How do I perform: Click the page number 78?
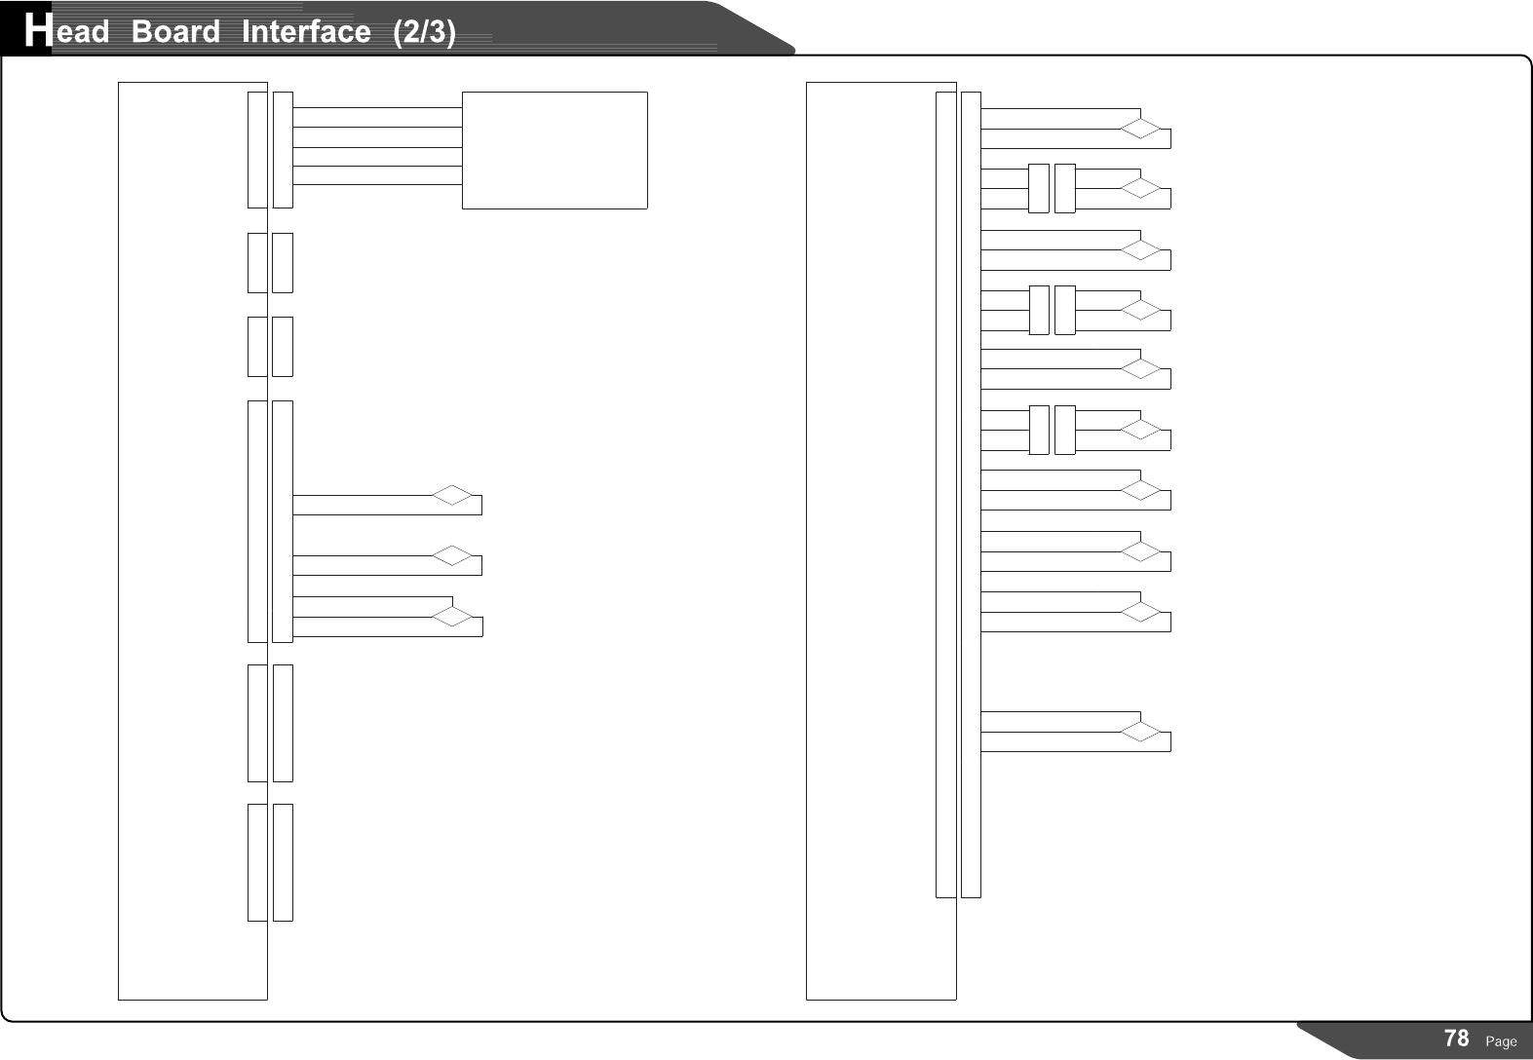pos(1456,1039)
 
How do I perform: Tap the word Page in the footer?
pos(1501,1041)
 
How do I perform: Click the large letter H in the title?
pos(37,31)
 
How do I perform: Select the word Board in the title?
pos(175,32)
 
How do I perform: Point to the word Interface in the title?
pos(305,32)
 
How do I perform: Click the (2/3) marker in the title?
pos(424,32)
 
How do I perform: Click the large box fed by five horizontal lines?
pos(554,150)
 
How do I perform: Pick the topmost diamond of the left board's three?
pos(452,495)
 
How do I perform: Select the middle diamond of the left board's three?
pos(452,555)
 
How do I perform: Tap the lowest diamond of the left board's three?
pos(452,616)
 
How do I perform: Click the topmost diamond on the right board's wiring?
pos(1140,129)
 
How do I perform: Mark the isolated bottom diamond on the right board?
pos(1140,732)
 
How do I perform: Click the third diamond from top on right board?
pos(1140,250)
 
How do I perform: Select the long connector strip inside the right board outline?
pos(945,494)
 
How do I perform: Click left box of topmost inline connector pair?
pos(1039,188)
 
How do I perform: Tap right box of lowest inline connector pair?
pos(1065,430)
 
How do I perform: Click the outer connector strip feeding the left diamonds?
pos(283,521)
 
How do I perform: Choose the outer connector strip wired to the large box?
pos(283,150)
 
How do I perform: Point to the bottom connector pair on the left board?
pos(270,862)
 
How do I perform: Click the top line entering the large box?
pos(376,107)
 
